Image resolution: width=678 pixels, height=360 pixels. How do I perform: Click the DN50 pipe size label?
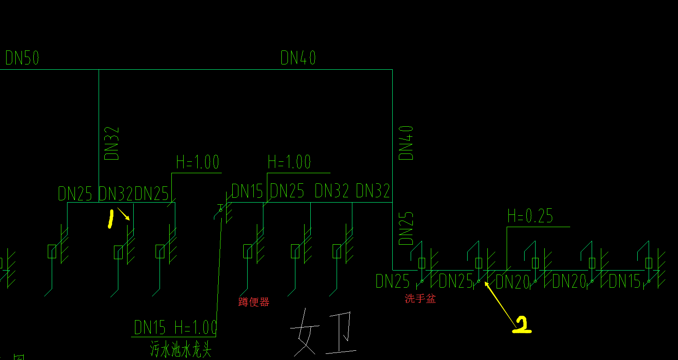pos(22,58)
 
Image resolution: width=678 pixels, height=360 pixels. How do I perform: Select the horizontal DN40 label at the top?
pos(298,58)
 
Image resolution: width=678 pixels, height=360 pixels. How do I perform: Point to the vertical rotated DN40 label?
pos(406,143)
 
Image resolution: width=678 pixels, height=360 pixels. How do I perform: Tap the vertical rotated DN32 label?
pos(112,143)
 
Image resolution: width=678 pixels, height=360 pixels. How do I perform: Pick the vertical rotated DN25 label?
pos(406,228)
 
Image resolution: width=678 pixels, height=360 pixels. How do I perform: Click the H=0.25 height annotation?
pos(530,216)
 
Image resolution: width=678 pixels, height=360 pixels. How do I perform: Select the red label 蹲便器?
pos(254,302)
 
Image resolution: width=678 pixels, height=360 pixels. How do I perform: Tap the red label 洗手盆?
pos(420,299)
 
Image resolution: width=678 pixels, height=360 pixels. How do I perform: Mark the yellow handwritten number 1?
pos(110,219)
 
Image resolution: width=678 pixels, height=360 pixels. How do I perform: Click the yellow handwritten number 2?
pos(522,325)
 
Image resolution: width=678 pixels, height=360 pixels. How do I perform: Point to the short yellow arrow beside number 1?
pos(124,214)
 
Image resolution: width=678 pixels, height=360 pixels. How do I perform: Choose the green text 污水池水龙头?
pos(181,349)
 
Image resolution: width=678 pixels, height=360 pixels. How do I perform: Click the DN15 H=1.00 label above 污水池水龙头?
pos(175,328)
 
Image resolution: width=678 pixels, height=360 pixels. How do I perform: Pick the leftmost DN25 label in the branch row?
pos(75,193)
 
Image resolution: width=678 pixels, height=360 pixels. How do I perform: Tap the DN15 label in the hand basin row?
pos(625,281)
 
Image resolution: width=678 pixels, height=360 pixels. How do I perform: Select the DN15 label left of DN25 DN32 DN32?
pos(247,192)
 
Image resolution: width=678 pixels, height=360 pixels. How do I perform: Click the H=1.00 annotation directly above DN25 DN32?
pos(289,162)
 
